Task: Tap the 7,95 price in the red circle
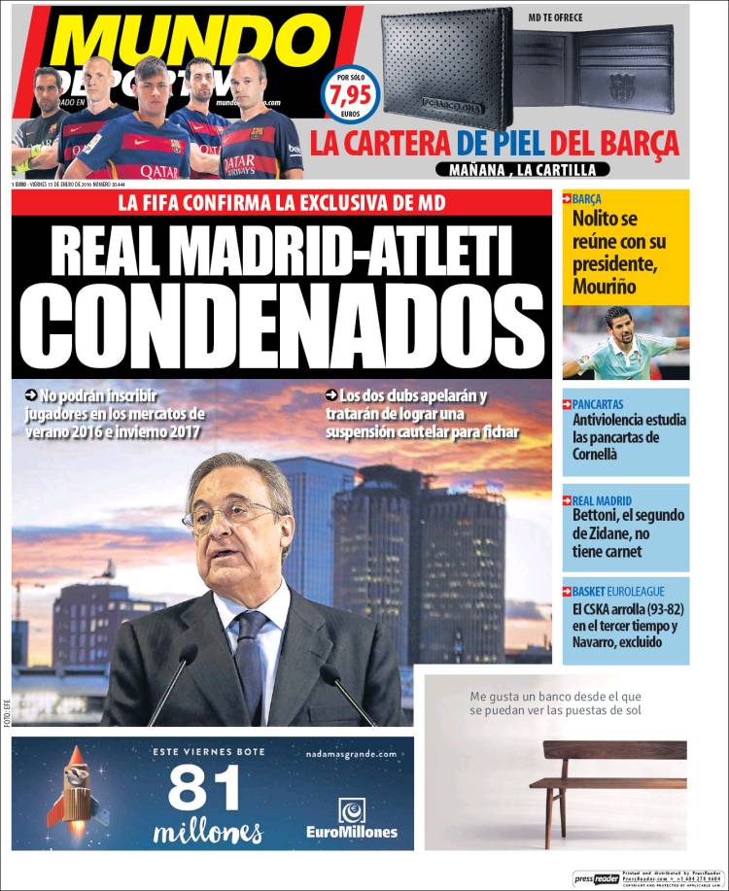click(350, 96)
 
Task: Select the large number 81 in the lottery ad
click(204, 788)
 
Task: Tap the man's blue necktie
click(250, 661)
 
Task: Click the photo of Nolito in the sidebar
click(626, 342)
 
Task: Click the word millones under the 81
click(207, 833)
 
